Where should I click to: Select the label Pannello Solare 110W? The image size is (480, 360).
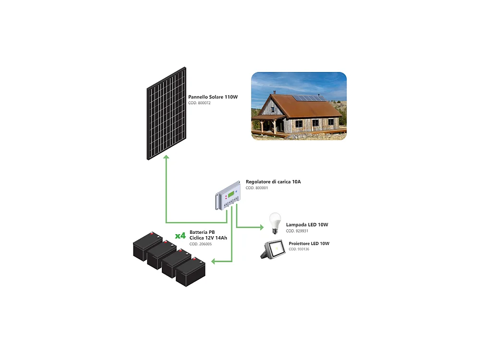[x=213, y=97]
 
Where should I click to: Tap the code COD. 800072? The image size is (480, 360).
[x=199, y=103]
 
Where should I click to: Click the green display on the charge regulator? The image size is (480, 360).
[x=232, y=194]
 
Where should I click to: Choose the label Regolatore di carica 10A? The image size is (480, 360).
[x=273, y=182]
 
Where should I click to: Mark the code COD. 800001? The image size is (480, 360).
[x=256, y=188]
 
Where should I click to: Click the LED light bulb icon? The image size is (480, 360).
[x=274, y=223]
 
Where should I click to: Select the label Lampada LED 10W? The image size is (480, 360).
[x=307, y=225]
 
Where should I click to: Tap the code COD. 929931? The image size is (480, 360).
[x=297, y=231]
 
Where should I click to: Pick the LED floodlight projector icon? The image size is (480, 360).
[x=272, y=250]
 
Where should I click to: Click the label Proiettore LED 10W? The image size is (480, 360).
[x=309, y=243]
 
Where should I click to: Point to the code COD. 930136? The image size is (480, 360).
[x=299, y=250]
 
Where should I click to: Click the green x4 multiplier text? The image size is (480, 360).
[x=180, y=236]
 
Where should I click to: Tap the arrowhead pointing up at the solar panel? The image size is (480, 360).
[x=166, y=159]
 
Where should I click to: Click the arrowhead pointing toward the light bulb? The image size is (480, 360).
[x=261, y=227]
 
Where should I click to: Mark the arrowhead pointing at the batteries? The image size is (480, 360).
[x=215, y=262]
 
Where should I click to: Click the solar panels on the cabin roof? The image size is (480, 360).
[x=309, y=98]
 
